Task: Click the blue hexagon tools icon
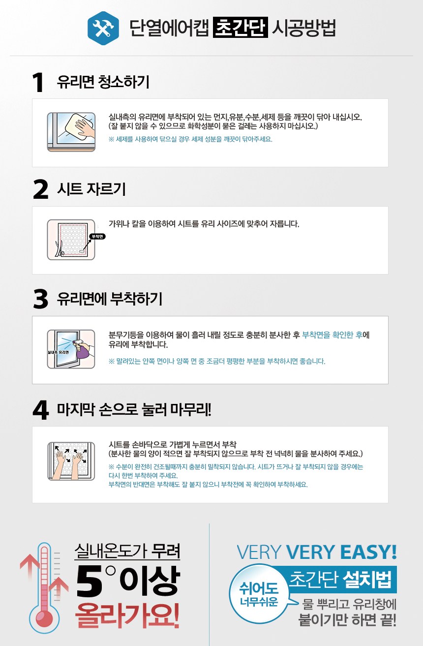(x=103, y=28)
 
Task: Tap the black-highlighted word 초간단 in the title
(x=240, y=28)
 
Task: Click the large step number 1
(x=39, y=83)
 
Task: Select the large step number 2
(x=40, y=189)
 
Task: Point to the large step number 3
(x=40, y=299)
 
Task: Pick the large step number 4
(x=41, y=410)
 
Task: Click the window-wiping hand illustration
(x=71, y=132)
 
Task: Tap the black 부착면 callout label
(x=97, y=237)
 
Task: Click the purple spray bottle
(x=81, y=349)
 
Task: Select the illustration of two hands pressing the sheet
(x=71, y=461)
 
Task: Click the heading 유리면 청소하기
(x=103, y=82)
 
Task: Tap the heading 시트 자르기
(x=91, y=189)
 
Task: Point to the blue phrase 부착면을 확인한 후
(x=332, y=335)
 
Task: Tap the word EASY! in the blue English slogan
(x=368, y=552)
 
